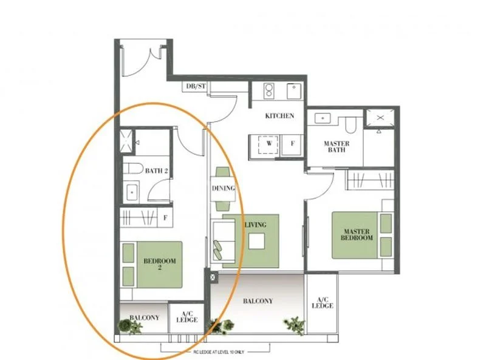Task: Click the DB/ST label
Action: click(195, 87)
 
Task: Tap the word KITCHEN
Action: click(279, 116)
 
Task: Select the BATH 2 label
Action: click(156, 171)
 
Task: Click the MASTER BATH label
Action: click(335, 146)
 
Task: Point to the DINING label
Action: click(223, 188)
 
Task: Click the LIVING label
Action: click(255, 225)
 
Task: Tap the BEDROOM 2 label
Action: click(159, 264)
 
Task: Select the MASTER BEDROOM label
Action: click(357, 235)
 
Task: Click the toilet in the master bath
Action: click(351, 124)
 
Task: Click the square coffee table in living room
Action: click(256, 241)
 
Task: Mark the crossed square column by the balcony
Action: click(213, 277)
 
